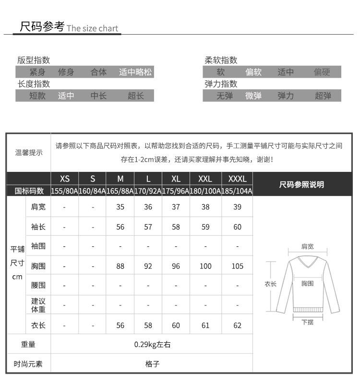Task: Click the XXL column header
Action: click(205, 179)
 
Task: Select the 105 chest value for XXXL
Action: click(237, 266)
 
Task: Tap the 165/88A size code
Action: click(120, 191)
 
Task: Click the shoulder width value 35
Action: click(120, 207)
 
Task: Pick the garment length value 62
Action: click(237, 326)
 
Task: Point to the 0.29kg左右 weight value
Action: click(152, 344)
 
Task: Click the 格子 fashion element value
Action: click(152, 363)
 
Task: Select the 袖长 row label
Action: click(38, 227)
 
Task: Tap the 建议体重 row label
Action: click(38, 305)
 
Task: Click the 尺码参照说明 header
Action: click(301, 185)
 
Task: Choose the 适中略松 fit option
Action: click(135, 73)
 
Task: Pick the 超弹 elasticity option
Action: click(323, 96)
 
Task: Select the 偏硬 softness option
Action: click(322, 73)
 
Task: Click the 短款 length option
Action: click(37, 96)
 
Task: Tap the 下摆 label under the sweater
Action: click(308, 322)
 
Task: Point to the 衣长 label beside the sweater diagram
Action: click(271, 284)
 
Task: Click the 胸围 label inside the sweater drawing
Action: click(308, 284)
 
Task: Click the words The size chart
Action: click(93, 28)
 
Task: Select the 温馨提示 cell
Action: click(28, 153)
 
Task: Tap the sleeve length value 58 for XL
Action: click(176, 227)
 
